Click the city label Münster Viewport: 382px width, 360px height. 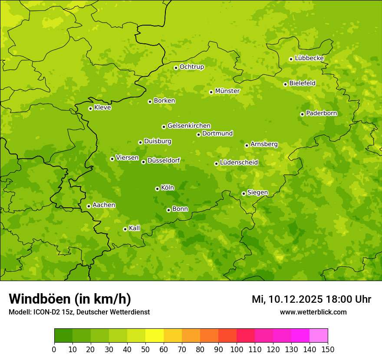[227, 91]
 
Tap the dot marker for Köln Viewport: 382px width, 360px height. [157, 189]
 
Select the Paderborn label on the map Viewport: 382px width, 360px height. [321, 114]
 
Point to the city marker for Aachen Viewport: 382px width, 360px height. [89, 206]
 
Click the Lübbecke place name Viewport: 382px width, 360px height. [309, 59]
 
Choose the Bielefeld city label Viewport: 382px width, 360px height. [302, 83]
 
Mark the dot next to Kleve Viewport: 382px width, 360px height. [90, 108]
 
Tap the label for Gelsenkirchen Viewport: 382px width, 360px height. [189, 126]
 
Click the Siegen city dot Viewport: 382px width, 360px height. [244, 193]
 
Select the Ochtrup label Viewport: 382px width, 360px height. [191, 67]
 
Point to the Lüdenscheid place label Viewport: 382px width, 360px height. [239, 163]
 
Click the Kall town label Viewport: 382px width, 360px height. [135, 228]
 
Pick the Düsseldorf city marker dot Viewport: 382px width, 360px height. [143, 162]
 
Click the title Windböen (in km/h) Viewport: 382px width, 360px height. [70, 299]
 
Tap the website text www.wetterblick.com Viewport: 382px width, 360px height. [313, 312]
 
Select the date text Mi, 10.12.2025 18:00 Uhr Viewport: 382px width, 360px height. [311, 299]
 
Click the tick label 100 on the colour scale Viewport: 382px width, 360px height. [237, 349]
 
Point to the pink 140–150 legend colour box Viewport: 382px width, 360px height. [319, 336]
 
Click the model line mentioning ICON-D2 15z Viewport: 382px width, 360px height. [79, 312]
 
